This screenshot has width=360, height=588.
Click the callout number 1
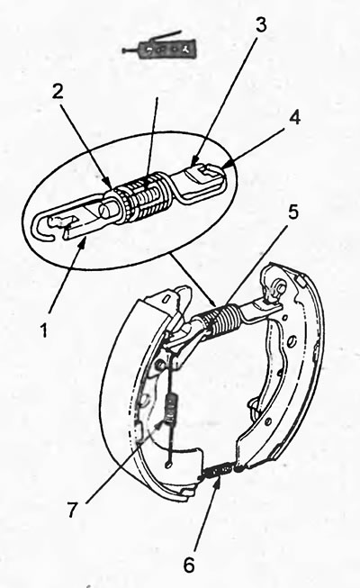tap(45, 330)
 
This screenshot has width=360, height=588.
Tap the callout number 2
tap(58, 92)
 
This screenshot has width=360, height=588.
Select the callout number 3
tap(261, 24)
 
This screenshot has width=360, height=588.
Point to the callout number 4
tap(294, 119)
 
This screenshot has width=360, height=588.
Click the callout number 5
tap(292, 212)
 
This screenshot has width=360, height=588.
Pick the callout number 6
tap(189, 565)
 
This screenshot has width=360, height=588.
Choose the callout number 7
tap(73, 509)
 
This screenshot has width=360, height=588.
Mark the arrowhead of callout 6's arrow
tap(217, 481)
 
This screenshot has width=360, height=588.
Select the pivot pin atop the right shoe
tap(278, 286)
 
